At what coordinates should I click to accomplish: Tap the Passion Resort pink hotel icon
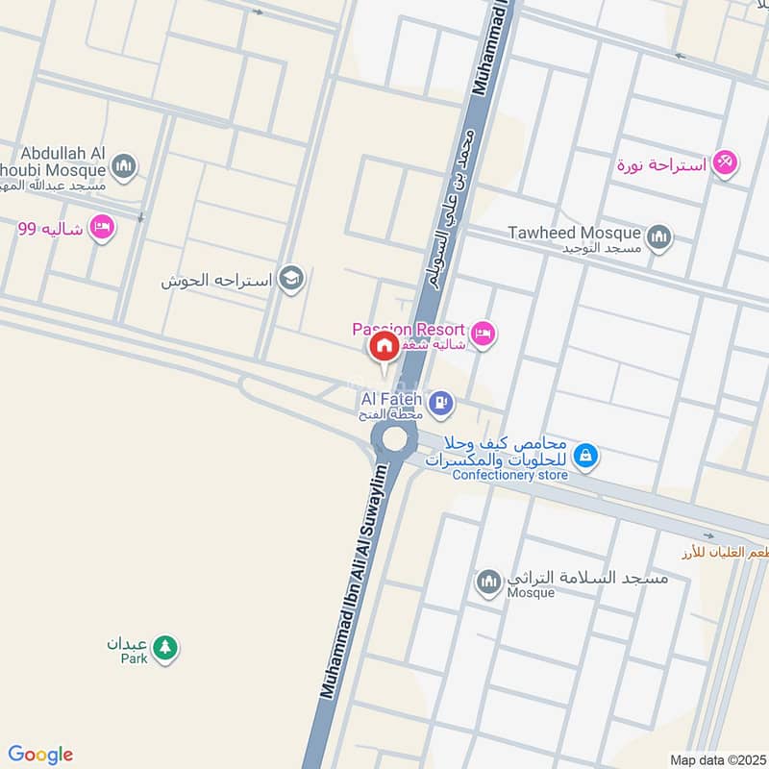pyautogui.click(x=483, y=334)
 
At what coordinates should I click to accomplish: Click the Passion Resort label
pyautogui.click(x=409, y=330)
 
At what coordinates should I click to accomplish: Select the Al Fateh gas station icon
pyautogui.click(x=441, y=401)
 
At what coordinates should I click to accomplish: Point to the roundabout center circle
pyautogui.click(x=394, y=439)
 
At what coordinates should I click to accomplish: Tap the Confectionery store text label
pyautogui.click(x=509, y=475)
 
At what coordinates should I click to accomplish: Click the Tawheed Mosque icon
pyautogui.click(x=658, y=236)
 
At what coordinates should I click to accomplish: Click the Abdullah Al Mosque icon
pyautogui.click(x=122, y=168)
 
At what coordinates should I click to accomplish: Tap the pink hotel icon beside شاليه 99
pyautogui.click(x=99, y=228)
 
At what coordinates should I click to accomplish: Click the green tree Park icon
pyautogui.click(x=166, y=649)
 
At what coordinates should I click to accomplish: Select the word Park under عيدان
pyautogui.click(x=135, y=659)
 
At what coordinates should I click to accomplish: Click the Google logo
pyautogui.click(x=40, y=755)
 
